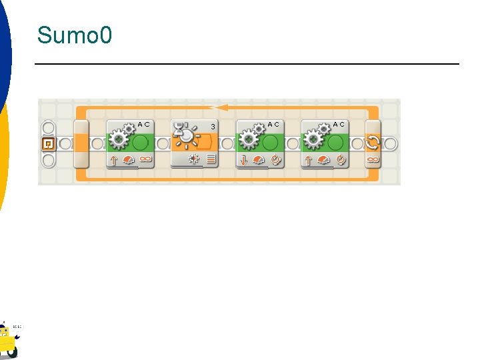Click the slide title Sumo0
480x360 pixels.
(x=75, y=35)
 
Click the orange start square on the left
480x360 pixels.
(x=48, y=143)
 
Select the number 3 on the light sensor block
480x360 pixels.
(x=213, y=127)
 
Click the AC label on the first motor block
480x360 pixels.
(x=143, y=124)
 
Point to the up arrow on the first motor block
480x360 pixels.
(x=113, y=160)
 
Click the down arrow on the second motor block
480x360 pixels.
(x=243, y=160)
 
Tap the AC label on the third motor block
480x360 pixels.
(x=339, y=124)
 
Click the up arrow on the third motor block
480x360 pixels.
(x=308, y=160)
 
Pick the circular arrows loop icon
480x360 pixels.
(x=373, y=142)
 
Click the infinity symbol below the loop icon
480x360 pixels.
(x=373, y=160)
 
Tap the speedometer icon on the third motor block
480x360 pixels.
(x=323, y=160)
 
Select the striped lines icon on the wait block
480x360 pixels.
(x=211, y=160)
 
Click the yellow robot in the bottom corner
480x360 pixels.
(x=7, y=340)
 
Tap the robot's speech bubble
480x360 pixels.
(x=17, y=327)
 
